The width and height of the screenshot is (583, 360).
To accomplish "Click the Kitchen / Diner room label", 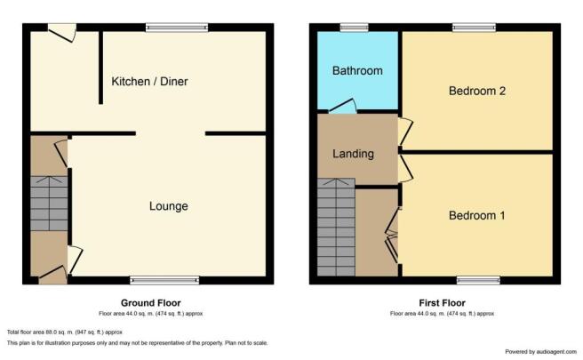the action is (149, 82).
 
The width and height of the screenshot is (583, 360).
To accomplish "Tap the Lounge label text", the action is (169, 206).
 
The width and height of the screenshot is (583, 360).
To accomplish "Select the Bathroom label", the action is (357, 70).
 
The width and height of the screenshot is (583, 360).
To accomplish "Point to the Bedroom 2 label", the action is (477, 91).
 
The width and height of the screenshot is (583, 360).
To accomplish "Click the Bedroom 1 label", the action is (476, 215).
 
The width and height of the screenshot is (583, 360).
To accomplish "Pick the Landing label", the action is (353, 154).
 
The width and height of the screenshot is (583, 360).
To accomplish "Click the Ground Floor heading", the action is (150, 303).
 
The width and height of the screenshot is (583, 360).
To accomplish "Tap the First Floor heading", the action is (442, 303).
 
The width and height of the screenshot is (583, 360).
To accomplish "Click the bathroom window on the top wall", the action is (355, 28).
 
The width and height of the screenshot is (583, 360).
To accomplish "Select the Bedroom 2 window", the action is (474, 28).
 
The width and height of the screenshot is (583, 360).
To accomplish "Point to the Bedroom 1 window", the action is (478, 280).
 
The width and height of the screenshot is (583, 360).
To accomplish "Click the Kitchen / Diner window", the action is (177, 28).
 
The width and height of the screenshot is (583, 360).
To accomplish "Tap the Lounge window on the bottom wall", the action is (164, 280).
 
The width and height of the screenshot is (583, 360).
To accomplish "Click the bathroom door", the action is (343, 106).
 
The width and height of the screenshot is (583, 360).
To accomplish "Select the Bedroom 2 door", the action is (405, 132).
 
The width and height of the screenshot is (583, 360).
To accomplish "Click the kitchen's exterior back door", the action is (62, 32).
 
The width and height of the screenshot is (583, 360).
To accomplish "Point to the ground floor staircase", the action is (49, 204).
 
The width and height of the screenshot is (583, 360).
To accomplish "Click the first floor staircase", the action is (336, 228).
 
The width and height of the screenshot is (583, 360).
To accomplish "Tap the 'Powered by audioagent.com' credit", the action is (541, 351).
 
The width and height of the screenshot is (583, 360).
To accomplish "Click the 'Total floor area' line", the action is (65, 332).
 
